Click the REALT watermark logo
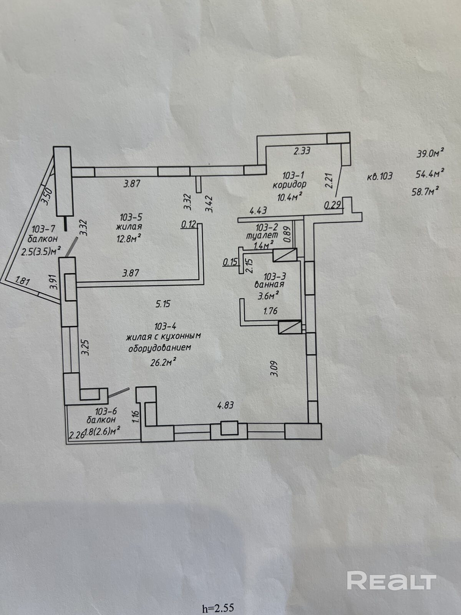(x=391, y=580)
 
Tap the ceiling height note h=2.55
(x=217, y=608)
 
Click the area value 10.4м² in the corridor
(x=289, y=196)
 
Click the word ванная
(x=269, y=284)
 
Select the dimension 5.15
(x=163, y=304)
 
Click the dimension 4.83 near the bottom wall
(x=226, y=405)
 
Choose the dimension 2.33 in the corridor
(x=302, y=151)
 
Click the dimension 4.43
(x=258, y=211)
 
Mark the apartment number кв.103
(x=380, y=176)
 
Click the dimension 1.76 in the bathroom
(x=270, y=311)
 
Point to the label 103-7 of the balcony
(x=43, y=229)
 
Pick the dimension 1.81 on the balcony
(x=23, y=281)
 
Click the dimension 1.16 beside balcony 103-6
(x=135, y=416)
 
